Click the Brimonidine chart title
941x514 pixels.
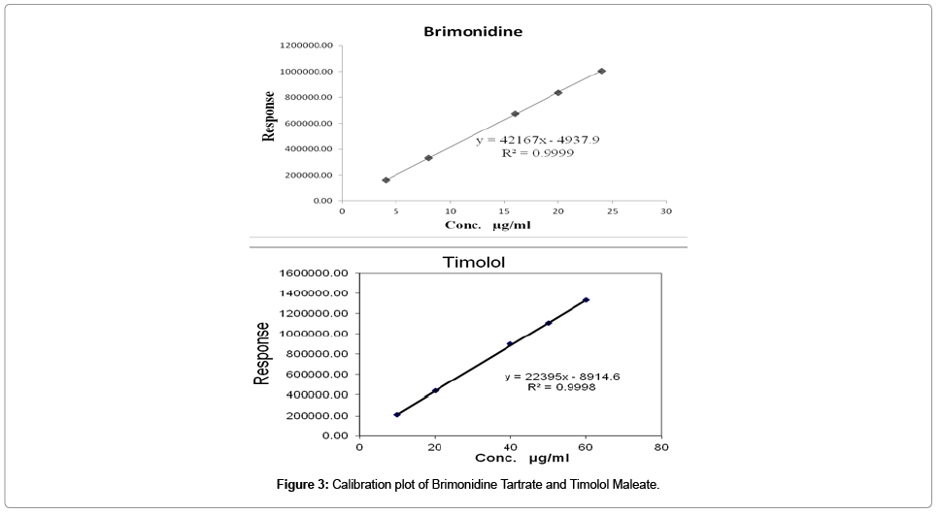tap(473, 31)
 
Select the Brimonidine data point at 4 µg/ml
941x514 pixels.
tap(386, 180)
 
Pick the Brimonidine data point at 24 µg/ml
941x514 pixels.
tap(602, 71)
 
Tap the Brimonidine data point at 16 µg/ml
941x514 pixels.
tap(516, 113)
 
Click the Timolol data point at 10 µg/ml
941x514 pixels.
tap(397, 415)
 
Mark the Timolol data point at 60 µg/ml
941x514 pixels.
tap(586, 300)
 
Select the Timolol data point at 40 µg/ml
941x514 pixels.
tap(510, 343)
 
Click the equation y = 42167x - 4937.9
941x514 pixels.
tap(537, 140)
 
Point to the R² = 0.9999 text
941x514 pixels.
tap(536, 153)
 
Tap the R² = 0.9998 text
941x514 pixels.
tap(555, 387)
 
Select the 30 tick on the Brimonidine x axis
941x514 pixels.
tap(665, 210)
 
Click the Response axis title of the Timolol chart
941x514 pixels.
tap(262, 354)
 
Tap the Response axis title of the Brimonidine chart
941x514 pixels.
tap(269, 117)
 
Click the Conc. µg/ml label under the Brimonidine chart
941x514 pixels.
tap(487, 225)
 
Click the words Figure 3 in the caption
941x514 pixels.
tap(303, 484)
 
